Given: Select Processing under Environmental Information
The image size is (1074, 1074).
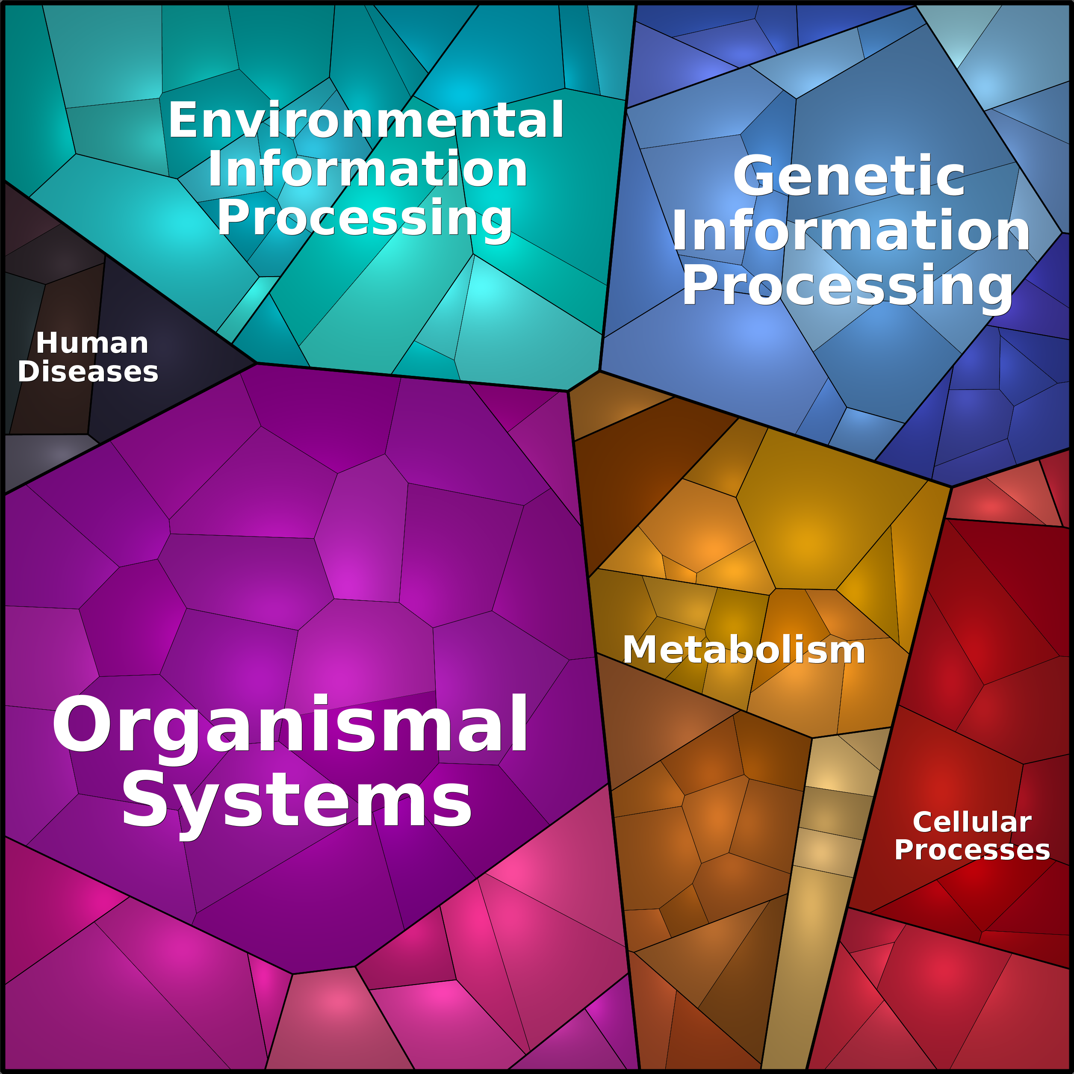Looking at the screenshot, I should (364, 218).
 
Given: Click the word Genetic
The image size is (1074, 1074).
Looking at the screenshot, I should (849, 176).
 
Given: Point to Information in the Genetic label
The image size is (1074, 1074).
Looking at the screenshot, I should (850, 231).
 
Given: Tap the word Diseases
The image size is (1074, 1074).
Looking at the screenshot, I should (88, 372).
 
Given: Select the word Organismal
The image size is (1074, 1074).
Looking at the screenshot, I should (289, 725).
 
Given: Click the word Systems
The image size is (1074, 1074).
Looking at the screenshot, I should (297, 802).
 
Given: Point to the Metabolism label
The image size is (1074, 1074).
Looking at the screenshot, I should (744, 650).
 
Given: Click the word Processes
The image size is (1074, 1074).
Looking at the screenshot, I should (972, 850).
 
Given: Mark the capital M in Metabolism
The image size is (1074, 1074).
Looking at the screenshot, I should (639, 650).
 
